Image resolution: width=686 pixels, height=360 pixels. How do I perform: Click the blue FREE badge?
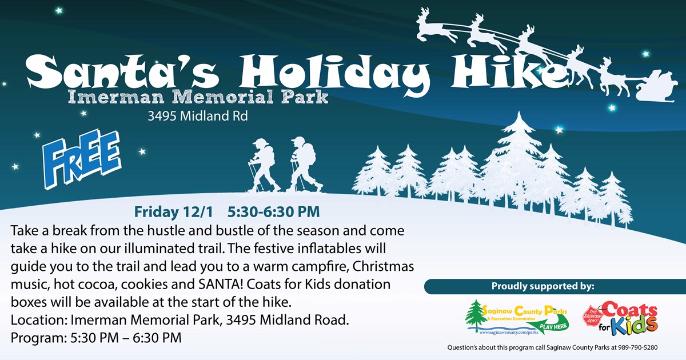pyautogui.click(x=82, y=159)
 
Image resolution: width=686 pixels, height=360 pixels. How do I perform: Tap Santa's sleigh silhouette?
pyautogui.click(x=655, y=87)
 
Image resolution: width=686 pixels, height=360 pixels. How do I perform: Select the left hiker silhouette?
pyautogui.click(x=263, y=165)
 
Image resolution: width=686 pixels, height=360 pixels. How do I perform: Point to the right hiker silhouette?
pyautogui.click(x=305, y=165)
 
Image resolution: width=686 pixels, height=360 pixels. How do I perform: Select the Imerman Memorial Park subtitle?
pyautogui.click(x=198, y=97)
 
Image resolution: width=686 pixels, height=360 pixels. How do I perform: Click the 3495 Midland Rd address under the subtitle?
pyautogui.click(x=198, y=116)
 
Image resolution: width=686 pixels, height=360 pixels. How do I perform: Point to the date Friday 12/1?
pyautogui.click(x=173, y=212)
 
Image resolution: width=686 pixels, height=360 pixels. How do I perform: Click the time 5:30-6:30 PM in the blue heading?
pyautogui.click(x=273, y=212)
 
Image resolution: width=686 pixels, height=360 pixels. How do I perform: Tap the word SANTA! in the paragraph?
pyautogui.click(x=221, y=284)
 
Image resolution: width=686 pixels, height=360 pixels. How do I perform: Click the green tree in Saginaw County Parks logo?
pyautogui.click(x=475, y=315)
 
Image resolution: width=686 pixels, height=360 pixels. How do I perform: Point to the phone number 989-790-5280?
pyautogui.click(x=637, y=347)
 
